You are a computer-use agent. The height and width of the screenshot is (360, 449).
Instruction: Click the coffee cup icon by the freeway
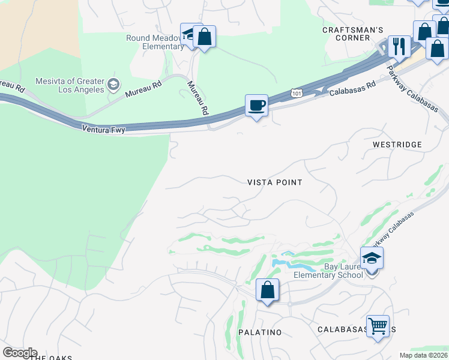point(256,106)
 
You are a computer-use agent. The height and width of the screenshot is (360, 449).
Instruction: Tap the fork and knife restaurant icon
point(398,46)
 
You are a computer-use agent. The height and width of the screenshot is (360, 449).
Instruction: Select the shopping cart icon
point(378,327)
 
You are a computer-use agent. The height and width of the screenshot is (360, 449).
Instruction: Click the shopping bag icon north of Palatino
point(267,290)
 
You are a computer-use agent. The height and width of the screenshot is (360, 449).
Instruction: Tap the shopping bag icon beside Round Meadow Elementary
point(205,37)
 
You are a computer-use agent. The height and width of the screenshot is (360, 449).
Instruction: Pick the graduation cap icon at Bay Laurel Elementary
point(372,259)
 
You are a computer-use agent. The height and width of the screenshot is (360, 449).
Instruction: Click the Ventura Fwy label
point(104,128)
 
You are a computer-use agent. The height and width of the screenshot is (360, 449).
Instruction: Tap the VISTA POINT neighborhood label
point(275,182)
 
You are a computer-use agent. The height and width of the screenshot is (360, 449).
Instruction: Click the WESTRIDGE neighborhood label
point(397,145)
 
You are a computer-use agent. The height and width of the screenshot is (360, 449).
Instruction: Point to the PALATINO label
point(260,332)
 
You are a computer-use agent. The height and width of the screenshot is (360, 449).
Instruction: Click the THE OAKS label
point(51,358)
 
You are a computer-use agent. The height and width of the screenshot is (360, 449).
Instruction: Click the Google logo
point(20,352)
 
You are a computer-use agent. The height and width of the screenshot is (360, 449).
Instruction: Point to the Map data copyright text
point(423,355)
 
